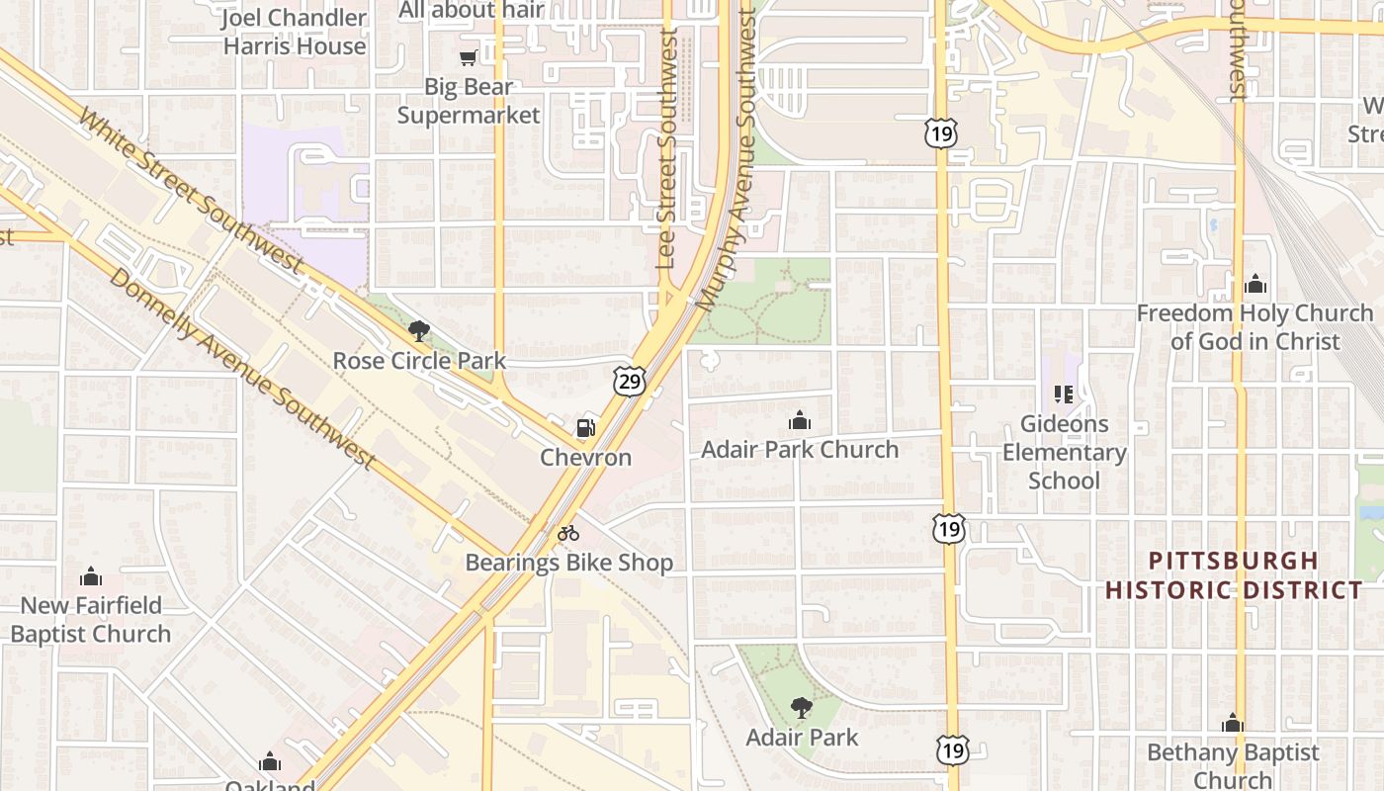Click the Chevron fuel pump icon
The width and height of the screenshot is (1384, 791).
586,429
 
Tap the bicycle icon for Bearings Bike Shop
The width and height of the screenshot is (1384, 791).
567,534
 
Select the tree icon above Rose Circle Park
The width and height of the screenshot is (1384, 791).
419,332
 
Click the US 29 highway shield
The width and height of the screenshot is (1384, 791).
629,380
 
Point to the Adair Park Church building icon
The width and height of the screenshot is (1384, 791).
800,421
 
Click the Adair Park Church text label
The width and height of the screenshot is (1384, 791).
800,450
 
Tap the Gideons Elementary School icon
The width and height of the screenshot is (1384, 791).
1064,395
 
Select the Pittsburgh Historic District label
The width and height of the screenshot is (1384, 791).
1234,575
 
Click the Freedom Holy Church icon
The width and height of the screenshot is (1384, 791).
1255,285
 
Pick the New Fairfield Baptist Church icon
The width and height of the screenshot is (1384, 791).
91,576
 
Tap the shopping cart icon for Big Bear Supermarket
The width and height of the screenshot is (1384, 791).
469,58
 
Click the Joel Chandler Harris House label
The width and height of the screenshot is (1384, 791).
295,32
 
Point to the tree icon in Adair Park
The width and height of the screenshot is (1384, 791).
801,708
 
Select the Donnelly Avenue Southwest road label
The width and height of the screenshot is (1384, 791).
242,369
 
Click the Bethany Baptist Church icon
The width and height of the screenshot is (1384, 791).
1233,724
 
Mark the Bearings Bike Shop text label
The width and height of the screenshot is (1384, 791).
569,564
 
